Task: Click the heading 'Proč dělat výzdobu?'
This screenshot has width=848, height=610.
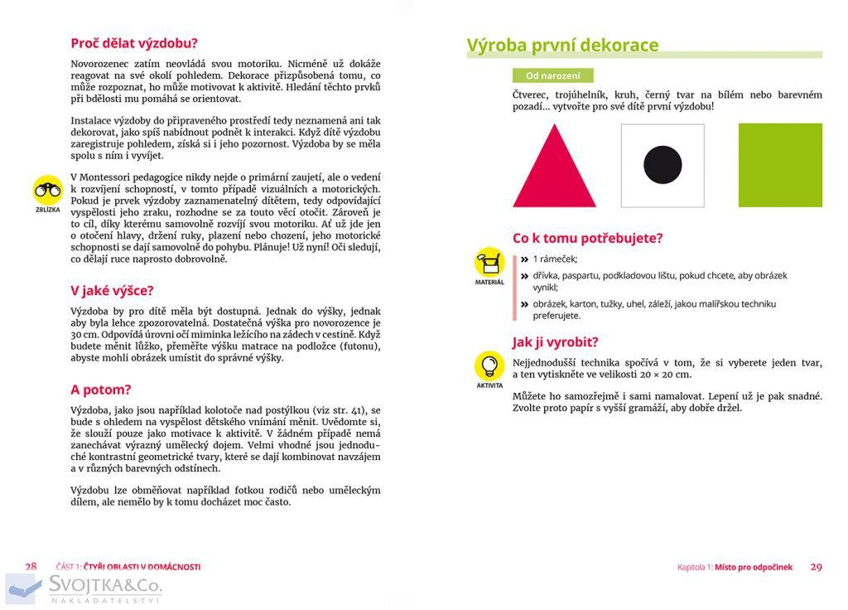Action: [134, 44]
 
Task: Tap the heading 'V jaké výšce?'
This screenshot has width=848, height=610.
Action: [112, 291]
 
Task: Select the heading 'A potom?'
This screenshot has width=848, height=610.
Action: [101, 390]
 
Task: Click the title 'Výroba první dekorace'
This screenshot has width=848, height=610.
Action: [563, 45]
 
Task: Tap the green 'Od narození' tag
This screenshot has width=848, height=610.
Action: [553, 75]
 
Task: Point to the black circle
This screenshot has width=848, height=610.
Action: [662, 165]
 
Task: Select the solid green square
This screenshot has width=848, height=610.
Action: [780, 165]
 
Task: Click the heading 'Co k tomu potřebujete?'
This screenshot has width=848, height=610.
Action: [588, 239]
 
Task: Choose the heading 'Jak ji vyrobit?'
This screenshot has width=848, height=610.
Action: [555, 341]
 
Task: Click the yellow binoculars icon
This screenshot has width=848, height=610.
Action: [47, 190]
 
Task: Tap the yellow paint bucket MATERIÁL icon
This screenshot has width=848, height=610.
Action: [489, 263]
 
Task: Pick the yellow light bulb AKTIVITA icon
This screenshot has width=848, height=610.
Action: [489, 366]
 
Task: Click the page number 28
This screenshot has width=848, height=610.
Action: [31, 567]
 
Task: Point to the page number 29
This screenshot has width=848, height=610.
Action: [816, 567]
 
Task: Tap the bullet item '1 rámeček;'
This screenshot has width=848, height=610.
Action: [555, 259]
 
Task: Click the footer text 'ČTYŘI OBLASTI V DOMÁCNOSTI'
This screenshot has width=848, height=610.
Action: [142, 568]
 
